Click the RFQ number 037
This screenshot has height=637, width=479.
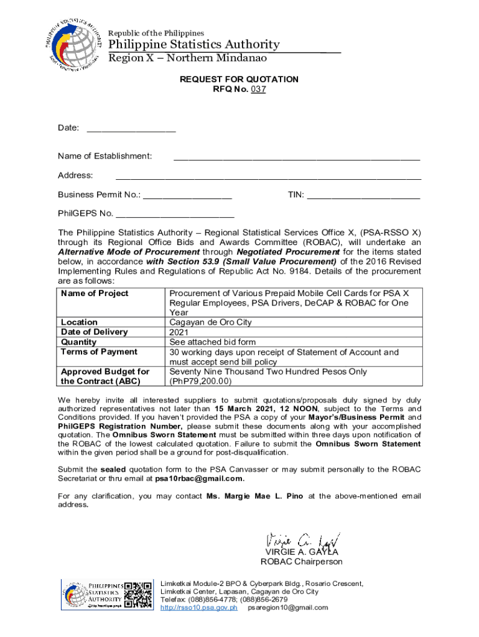(258, 89)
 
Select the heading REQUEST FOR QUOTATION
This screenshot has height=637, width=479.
(239, 79)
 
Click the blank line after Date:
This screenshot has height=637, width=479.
(131, 129)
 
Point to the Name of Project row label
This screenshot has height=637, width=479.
(95, 293)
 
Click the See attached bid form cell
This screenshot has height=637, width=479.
(212, 342)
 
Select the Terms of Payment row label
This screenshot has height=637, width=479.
(99, 352)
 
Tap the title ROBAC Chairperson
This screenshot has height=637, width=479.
(301, 562)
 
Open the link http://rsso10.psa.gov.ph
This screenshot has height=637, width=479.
(199, 608)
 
